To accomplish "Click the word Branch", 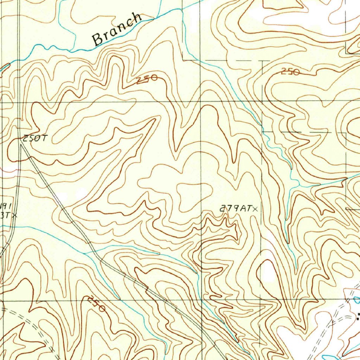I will tap(117, 30).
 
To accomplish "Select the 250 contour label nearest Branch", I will tap(147, 80).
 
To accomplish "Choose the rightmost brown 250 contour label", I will tap(290, 72).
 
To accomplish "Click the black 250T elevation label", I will tap(35, 139).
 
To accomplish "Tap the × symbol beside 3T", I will tap(14, 216).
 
